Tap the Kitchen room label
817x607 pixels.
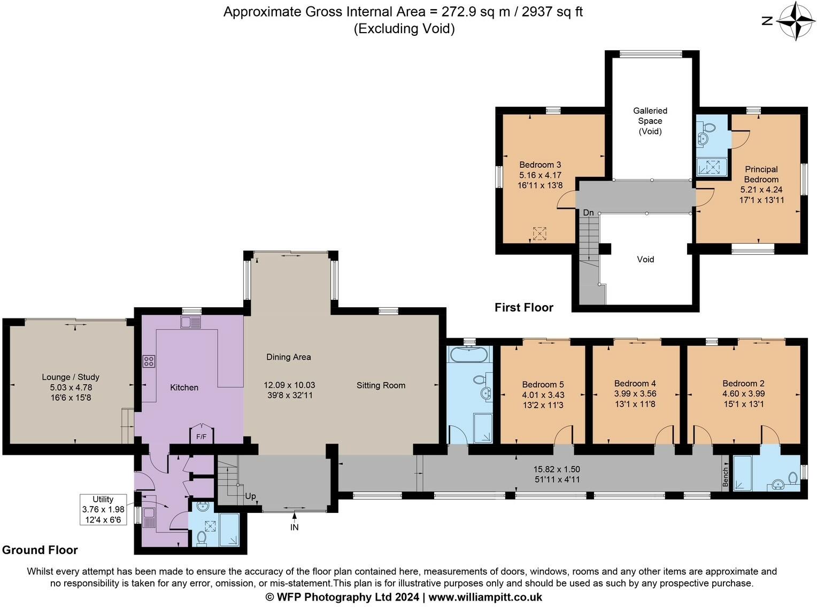[184, 387]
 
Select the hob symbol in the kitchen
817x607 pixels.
[149, 361]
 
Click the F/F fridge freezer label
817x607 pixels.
[201, 437]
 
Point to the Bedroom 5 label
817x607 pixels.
[543, 384]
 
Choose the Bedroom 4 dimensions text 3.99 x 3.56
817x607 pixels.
[635, 394]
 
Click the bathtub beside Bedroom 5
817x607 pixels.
[468, 354]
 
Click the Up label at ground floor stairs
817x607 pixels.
[250, 496]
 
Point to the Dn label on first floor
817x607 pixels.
[588, 213]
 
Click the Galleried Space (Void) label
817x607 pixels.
[650, 121]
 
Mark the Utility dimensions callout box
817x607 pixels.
[103, 509]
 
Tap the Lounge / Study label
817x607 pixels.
[71, 377]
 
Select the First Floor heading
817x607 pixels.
[523, 307]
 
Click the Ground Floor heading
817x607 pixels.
[40, 550]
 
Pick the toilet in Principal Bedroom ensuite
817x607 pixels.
[709, 128]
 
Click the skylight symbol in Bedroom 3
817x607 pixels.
[540, 234]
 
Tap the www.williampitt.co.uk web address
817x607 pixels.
[485, 597]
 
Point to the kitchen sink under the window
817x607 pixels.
[190, 322]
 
